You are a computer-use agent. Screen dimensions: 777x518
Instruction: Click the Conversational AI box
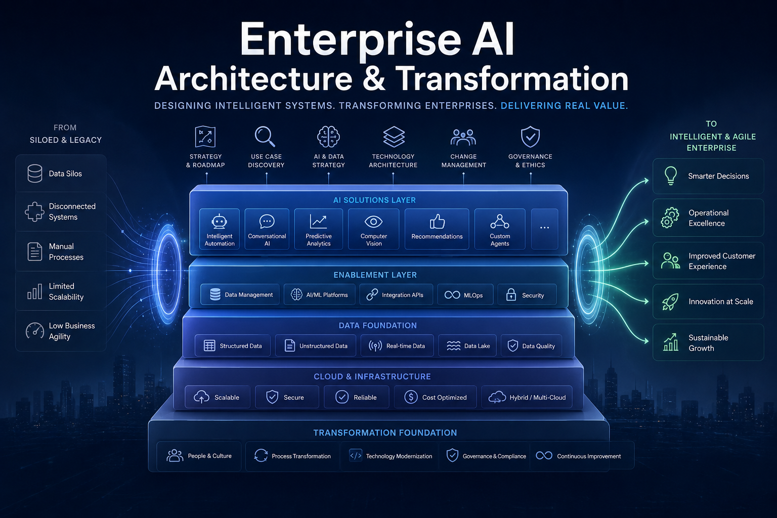tap(267, 229)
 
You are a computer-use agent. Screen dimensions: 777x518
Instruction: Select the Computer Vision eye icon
tap(374, 222)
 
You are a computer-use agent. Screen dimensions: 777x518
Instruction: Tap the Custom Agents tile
tap(500, 229)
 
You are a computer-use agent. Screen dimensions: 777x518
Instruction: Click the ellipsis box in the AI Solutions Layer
tap(545, 229)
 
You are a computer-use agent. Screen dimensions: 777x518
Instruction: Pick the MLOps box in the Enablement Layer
tap(465, 294)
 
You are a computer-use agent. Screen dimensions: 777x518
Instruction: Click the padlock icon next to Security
tap(511, 294)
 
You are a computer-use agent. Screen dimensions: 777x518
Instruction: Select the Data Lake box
tap(467, 346)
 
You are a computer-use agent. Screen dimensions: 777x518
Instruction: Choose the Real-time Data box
tap(397, 346)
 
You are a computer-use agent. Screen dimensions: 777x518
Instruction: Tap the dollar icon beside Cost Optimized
tap(411, 397)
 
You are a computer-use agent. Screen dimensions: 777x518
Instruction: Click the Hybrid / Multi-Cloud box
tap(527, 397)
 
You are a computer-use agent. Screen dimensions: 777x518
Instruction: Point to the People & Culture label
tap(209, 456)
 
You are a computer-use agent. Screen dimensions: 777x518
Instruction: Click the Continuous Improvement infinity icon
tap(544, 456)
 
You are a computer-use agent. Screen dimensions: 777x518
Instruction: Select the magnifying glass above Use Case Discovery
tap(265, 137)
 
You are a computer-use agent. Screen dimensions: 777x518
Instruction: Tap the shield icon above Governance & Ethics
tap(530, 137)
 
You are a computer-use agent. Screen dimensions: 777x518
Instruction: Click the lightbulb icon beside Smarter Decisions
tap(670, 176)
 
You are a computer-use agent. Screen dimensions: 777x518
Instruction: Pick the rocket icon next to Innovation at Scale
tap(670, 301)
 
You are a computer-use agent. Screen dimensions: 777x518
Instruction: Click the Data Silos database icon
tap(35, 174)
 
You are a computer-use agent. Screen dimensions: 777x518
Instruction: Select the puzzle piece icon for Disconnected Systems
tap(35, 211)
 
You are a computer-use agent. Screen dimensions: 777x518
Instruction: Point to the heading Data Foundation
tap(378, 325)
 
